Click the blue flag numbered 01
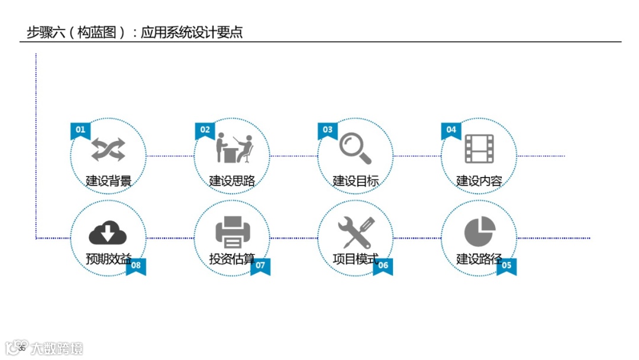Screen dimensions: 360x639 pos(80,130)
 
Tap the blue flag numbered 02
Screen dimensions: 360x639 pos(205,130)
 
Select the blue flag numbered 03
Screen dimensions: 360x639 pos(327,130)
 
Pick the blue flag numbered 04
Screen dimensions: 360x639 pos(451,130)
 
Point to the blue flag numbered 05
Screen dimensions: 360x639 pos(506,266)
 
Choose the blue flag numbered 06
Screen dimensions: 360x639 pos(383,266)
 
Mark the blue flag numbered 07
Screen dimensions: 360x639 pos(260,266)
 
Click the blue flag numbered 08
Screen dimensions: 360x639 pos(136,266)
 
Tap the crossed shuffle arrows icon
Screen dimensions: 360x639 pos(108,149)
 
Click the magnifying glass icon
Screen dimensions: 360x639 pos(355,149)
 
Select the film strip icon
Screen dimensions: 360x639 pos(479,149)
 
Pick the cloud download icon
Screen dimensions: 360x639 pos(108,233)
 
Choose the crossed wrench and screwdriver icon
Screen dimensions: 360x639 pos(356,233)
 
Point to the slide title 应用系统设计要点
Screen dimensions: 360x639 pos(192,32)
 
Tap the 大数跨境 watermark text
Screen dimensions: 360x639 pos(57,348)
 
